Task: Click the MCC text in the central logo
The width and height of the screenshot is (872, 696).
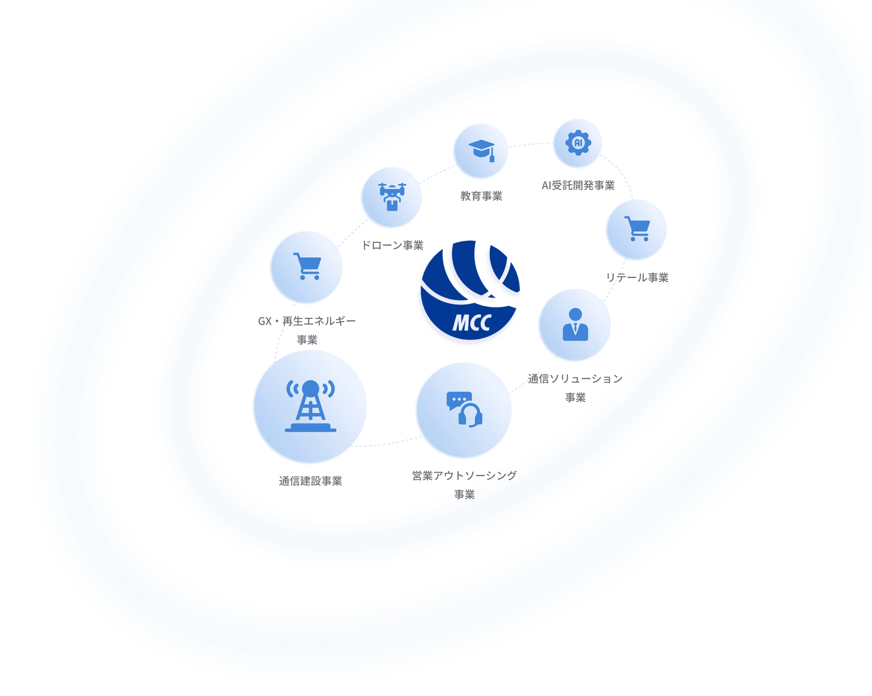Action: [472, 323]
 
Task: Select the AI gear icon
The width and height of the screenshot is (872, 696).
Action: [578, 143]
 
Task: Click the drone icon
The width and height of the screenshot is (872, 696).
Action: [392, 197]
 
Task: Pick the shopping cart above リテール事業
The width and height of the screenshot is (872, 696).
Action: [637, 229]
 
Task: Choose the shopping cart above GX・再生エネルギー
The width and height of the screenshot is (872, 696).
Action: [307, 266]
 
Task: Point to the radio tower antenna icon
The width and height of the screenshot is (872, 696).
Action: [310, 406]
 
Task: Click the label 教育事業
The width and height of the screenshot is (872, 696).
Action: [481, 196]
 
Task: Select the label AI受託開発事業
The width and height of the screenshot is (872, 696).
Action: [578, 185]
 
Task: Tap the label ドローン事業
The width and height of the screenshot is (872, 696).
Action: [392, 245]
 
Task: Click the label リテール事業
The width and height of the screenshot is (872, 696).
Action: [637, 277]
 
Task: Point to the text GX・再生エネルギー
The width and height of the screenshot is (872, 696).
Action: [307, 321]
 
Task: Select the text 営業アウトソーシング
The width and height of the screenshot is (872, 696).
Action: [464, 475]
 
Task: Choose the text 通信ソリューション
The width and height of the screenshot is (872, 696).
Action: [575, 379]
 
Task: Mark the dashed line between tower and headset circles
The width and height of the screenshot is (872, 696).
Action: [386, 443]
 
